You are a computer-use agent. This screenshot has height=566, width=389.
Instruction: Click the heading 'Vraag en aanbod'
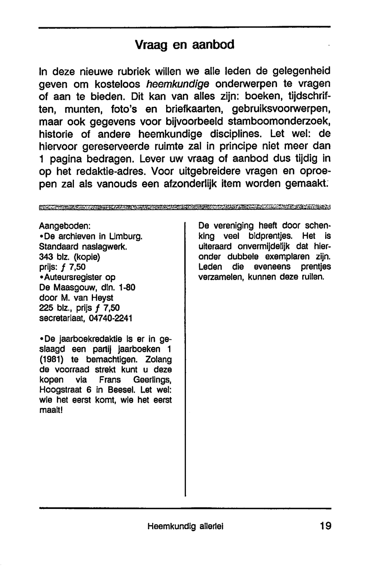(x=185, y=45)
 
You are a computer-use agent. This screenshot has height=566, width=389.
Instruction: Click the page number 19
(x=326, y=526)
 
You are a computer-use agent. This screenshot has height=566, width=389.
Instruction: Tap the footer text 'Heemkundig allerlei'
(x=185, y=526)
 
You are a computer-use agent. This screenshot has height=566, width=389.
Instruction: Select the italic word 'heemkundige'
(x=178, y=84)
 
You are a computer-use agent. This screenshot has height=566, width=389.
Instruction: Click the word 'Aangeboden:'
(x=65, y=226)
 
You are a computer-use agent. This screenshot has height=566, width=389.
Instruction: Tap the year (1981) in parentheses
(x=52, y=360)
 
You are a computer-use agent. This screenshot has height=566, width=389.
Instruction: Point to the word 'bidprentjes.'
(x=271, y=236)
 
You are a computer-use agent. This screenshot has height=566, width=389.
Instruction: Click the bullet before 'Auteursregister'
(x=41, y=277)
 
